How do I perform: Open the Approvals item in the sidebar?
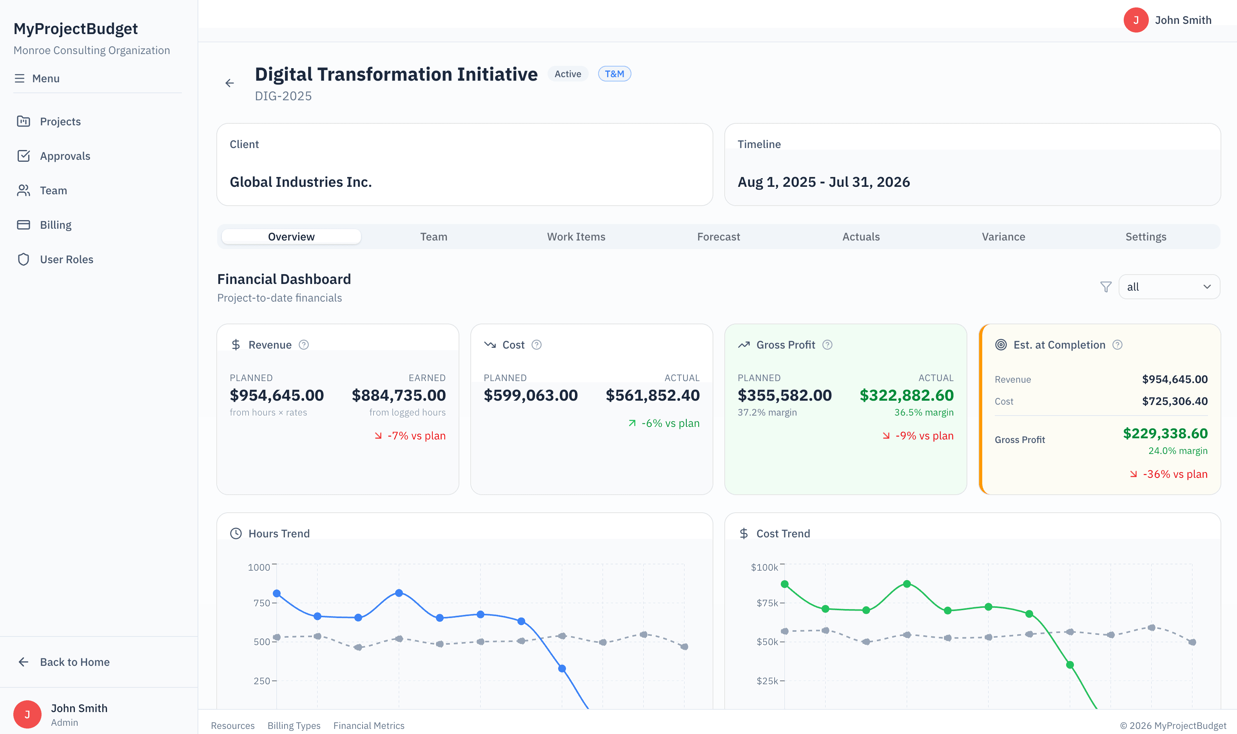click(65, 156)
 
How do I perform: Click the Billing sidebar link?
click(55, 225)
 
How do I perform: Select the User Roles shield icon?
click(23, 259)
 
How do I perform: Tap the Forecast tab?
click(718, 237)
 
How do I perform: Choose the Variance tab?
click(1003, 237)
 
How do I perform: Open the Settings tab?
click(1145, 237)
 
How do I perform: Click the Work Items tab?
click(576, 237)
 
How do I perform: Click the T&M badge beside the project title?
click(614, 74)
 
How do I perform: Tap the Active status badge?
click(568, 74)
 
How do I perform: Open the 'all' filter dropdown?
click(1169, 287)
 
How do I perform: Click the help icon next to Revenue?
click(304, 345)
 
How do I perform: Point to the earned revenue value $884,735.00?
click(398, 395)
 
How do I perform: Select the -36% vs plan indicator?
click(1169, 474)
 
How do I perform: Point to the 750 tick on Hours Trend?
click(262, 603)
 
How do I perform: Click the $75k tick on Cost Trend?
click(767, 603)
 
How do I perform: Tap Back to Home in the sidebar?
click(74, 662)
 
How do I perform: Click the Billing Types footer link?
click(294, 726)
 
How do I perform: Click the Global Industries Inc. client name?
click(300, 182)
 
